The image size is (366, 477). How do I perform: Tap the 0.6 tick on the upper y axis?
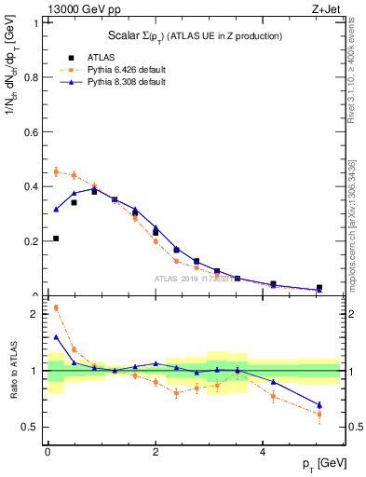tap(29, 132)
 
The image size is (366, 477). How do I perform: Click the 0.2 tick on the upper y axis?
tap(29, 241)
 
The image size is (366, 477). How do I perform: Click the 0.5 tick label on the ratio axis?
tap(29, 427)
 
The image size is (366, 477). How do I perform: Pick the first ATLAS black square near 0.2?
tap(56, 238)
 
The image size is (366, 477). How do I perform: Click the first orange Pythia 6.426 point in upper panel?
tap(56, 171)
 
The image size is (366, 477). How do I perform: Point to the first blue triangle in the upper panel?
tap(56, 210)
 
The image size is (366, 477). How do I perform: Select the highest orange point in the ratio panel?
tap(56, 307)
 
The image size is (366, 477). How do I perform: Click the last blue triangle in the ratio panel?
tap(319, 405)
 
